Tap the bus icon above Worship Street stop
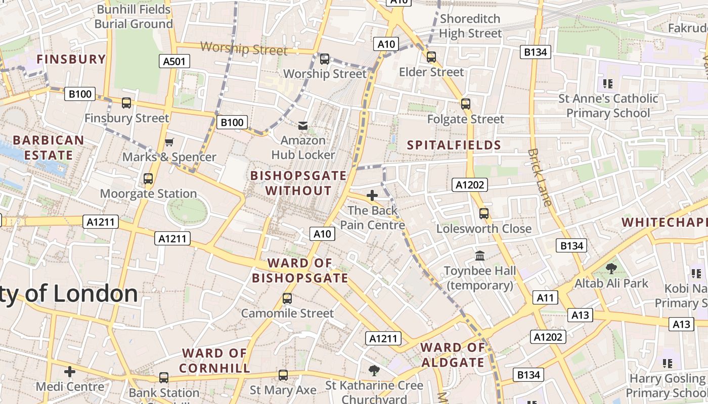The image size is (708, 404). click(325, 59)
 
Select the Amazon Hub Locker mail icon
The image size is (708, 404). click(303, 125)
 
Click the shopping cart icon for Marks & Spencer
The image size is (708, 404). click(169, 142)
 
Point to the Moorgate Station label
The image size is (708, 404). click(148, 194)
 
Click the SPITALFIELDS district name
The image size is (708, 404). click(454, 145)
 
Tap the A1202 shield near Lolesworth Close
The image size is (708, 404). click(469, 185)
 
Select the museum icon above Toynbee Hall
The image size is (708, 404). click(480, 256)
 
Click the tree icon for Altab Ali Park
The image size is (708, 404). click(611, 269)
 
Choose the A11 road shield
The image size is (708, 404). click(545, 297)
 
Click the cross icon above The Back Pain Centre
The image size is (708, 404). click(372, 195)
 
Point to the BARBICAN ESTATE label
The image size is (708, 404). click(48, 147)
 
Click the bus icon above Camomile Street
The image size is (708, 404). click(287, 298)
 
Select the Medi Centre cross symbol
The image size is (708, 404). click(70, 372)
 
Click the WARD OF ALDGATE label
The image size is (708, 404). click(453, 355)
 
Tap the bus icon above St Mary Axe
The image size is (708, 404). click(283, 375)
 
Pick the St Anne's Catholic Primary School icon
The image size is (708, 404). click(607, 83)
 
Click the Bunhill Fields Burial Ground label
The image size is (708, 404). click(134, 17)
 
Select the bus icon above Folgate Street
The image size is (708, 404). click(465, 104)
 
